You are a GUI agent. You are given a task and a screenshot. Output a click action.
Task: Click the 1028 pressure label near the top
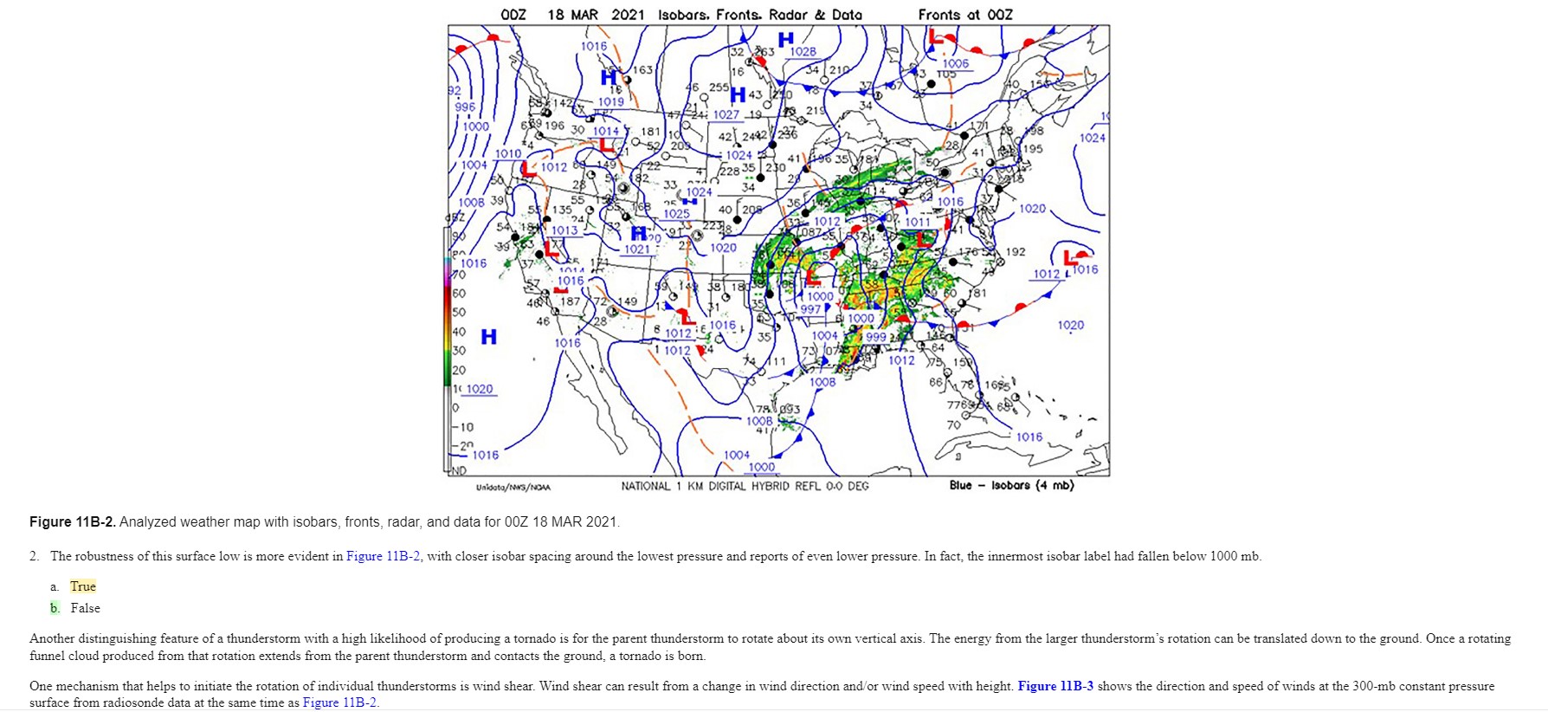coord(803,52)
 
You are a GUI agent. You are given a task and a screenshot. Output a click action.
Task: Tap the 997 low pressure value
coord(810,309)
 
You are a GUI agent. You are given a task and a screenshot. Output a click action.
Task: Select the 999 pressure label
coord(875,337)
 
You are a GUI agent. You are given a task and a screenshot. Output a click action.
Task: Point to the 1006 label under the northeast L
coord(956,63)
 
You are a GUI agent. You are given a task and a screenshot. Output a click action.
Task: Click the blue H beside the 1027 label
coord(738,94)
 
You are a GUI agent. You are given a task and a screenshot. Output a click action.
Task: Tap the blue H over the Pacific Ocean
coord(489,336)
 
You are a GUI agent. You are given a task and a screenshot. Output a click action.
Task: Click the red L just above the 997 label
coord(812,277)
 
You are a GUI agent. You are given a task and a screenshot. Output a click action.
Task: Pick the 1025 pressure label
coord(676,214)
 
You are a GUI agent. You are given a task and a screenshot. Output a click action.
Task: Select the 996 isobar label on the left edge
coord(466,107)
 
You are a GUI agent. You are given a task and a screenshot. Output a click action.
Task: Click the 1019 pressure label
coord(610,101)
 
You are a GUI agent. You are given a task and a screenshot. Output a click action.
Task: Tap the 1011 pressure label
coord(917,222)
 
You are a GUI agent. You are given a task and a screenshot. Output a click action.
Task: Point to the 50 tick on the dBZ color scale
coord(459,312)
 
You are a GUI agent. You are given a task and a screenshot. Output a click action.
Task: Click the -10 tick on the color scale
coord(466,427)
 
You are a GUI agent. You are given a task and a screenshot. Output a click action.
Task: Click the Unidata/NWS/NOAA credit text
coord(513,487)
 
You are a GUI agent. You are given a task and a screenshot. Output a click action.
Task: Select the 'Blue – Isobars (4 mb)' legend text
coord(1011,485)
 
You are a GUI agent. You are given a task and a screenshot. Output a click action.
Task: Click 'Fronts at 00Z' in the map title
coord(964,15)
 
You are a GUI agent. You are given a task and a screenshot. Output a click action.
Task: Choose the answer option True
coord(83,586)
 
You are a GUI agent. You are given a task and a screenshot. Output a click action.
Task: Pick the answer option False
coord(85,608)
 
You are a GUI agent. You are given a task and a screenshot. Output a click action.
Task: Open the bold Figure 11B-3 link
coord(1055,686)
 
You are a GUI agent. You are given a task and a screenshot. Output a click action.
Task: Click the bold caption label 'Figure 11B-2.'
coord(73,521)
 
